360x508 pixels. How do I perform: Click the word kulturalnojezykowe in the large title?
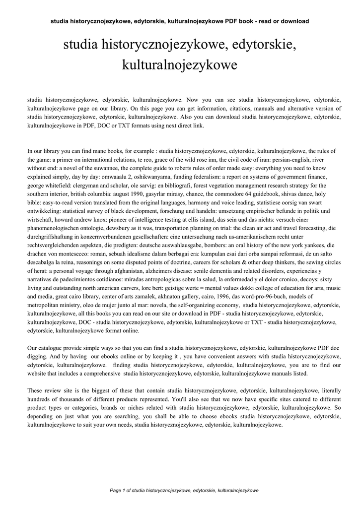coord(179,64)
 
